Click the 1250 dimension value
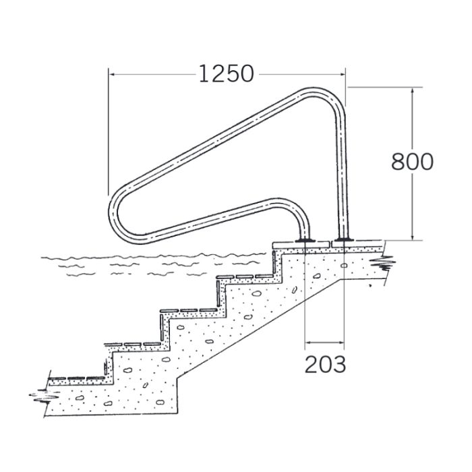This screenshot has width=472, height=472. pos(227,74)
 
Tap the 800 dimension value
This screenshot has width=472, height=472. pos(412,162)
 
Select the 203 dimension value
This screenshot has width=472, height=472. pos(325,365)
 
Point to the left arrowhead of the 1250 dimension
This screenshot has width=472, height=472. pos(112,74)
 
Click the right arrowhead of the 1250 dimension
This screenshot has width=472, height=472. pos(341,74)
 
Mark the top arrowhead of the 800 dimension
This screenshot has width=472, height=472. pos(413,91)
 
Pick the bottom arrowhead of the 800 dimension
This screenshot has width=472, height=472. pos(413,237)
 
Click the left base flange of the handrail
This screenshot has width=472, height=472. pos(305,240)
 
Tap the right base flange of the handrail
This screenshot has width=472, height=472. pos(343,239)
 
